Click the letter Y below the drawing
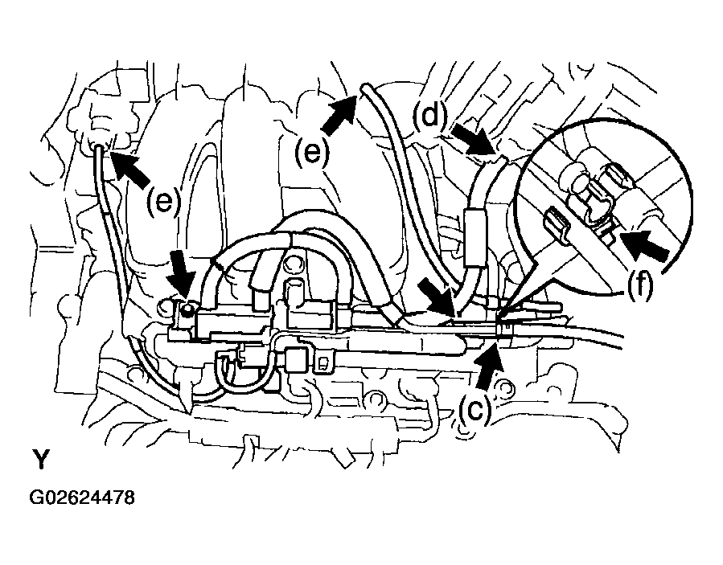coord(40,459)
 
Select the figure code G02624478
coord(82,497)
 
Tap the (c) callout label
coord(475,410)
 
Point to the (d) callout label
coord(430,116)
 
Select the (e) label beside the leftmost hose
coord(163,202)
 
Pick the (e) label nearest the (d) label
coord(313,152)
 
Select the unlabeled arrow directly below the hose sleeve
coord(436,299)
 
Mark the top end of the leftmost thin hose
coord(99,147)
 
